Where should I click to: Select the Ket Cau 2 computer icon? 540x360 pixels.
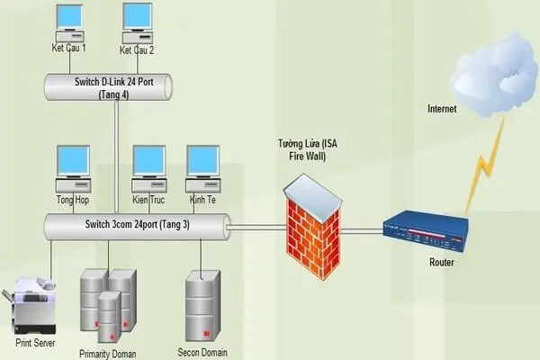coord(137,20)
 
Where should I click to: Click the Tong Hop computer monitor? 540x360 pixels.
coord(74,163)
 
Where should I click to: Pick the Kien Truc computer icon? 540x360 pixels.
coord(149,163)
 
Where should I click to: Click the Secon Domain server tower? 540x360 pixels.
coord(201,306)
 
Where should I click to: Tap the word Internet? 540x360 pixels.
coord(442,109)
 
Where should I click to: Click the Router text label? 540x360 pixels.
coord(442,264)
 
